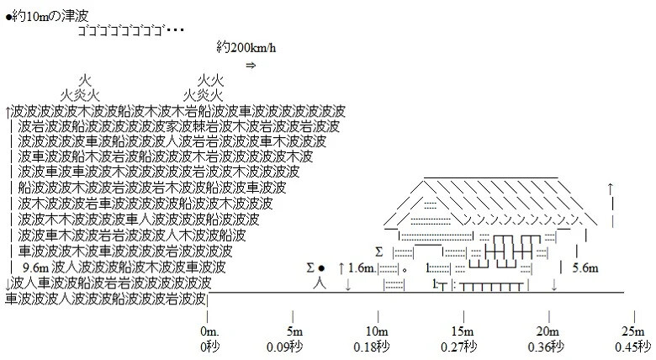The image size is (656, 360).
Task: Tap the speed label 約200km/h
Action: [249, 46]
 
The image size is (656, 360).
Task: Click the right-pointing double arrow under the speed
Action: [249, 65]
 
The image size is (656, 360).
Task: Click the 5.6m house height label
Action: [584, 268]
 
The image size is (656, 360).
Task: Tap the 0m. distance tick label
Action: [209, 330]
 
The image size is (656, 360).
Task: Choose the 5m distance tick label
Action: [294, 330]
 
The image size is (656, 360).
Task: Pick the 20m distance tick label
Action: [548, 330]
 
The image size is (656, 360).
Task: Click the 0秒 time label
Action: [209, 345]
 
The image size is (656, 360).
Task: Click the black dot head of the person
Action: [321, 268]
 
